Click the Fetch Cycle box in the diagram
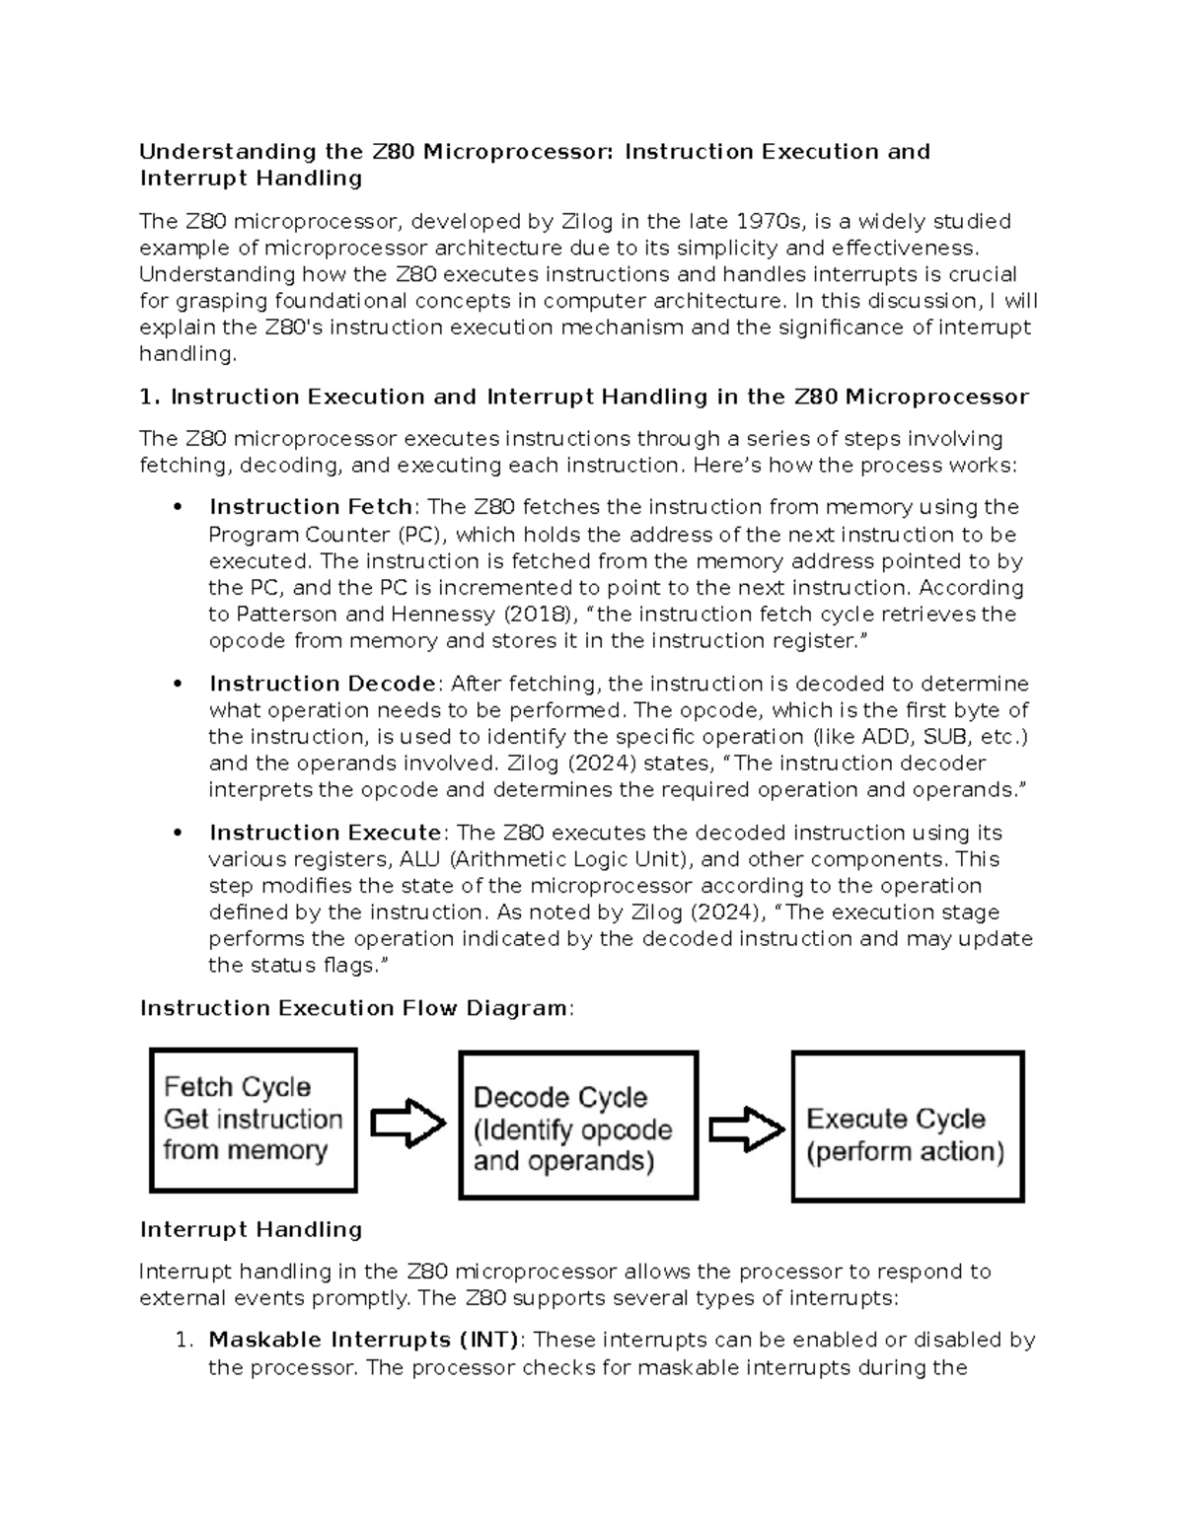pos(253,1120)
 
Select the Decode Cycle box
pos(578,1126)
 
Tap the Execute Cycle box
pos(908,1127)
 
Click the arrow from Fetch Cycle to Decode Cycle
pos(407,1123)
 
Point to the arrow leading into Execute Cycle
pos(746,1129)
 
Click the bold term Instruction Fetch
pos(310,507)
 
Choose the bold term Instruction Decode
pos(322,684)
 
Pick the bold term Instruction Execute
pos(325,833)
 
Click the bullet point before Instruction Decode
pos(178,684)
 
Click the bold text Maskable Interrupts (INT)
pos(363,1340)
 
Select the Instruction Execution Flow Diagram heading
pos(355,1008)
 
